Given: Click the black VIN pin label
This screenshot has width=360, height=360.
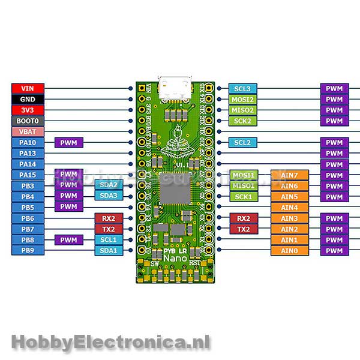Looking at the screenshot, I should tap(28, 88).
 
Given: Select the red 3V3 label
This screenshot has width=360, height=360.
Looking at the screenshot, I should tap(28, 110).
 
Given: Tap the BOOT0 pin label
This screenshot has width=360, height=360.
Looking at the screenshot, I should tap(28, 121).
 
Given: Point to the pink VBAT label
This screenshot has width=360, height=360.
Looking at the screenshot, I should tap(28, 131).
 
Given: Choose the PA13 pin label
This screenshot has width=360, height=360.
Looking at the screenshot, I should tap(28, 153).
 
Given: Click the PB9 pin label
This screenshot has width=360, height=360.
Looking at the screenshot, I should tap(28, 250).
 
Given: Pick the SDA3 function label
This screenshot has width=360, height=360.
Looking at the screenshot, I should tap(109, 196).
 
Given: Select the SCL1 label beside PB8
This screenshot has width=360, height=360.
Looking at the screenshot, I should tap(109, 239).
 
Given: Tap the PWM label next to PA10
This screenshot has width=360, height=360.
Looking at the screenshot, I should tap(69, 142).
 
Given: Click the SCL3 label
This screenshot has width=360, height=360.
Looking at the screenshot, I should tap(243, 89).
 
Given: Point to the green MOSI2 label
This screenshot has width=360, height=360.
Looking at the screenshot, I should tap(243, 100).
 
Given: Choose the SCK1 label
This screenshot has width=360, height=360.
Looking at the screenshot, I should tap(243, 197).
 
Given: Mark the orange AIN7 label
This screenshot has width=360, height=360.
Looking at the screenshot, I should tap(289, 175).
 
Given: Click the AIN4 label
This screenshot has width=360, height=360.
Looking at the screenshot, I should tap(289, 208).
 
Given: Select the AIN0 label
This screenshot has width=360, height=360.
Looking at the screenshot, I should tap(289, 251).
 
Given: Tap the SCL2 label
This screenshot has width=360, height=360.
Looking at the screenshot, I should tap(243, 143).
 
